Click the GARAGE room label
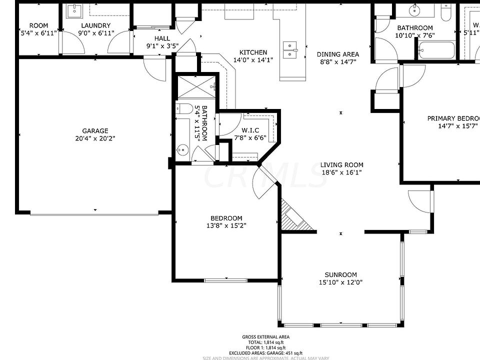pos(95,131)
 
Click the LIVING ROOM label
pos(342,165)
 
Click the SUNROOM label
pos(340,274)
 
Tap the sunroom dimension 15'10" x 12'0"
pos(340,282)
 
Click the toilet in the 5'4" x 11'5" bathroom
pos(184,108)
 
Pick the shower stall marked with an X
pos(197,86)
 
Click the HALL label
pos(162,38)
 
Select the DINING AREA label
pos(337,54)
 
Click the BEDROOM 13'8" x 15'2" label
pos(226,218)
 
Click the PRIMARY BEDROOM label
pos(453,118)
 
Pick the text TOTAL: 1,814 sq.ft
pos(265,342)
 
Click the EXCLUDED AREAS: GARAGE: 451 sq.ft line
pos(265,352)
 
